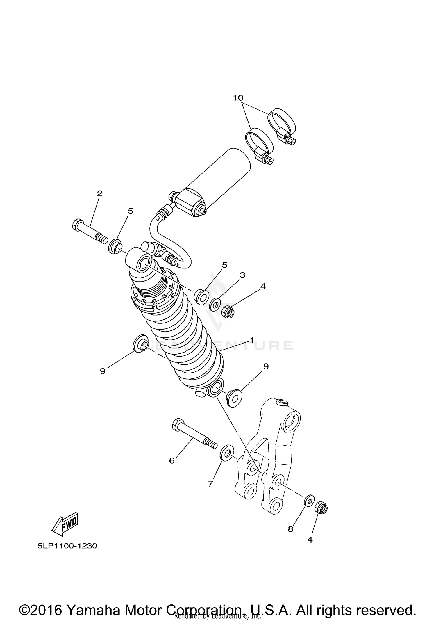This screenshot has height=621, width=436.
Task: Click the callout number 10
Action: [x=238, y=98]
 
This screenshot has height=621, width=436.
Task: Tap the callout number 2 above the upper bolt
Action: [x=100, y=193]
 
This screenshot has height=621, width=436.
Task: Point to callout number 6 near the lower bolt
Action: [x=172, y=460]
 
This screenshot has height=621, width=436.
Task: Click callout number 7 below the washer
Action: [x=211, y=483]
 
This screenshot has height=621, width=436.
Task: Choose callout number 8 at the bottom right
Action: [x=290, y=529]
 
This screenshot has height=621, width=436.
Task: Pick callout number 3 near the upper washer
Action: [x=242, y=275]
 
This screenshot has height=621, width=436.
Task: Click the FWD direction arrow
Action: [x=65, y=524]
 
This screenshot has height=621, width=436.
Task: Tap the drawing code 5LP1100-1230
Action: [x=67, y=546]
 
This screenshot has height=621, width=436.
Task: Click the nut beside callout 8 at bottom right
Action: [x=321, y=508]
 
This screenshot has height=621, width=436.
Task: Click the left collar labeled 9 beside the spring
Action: [x=140, y=344]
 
